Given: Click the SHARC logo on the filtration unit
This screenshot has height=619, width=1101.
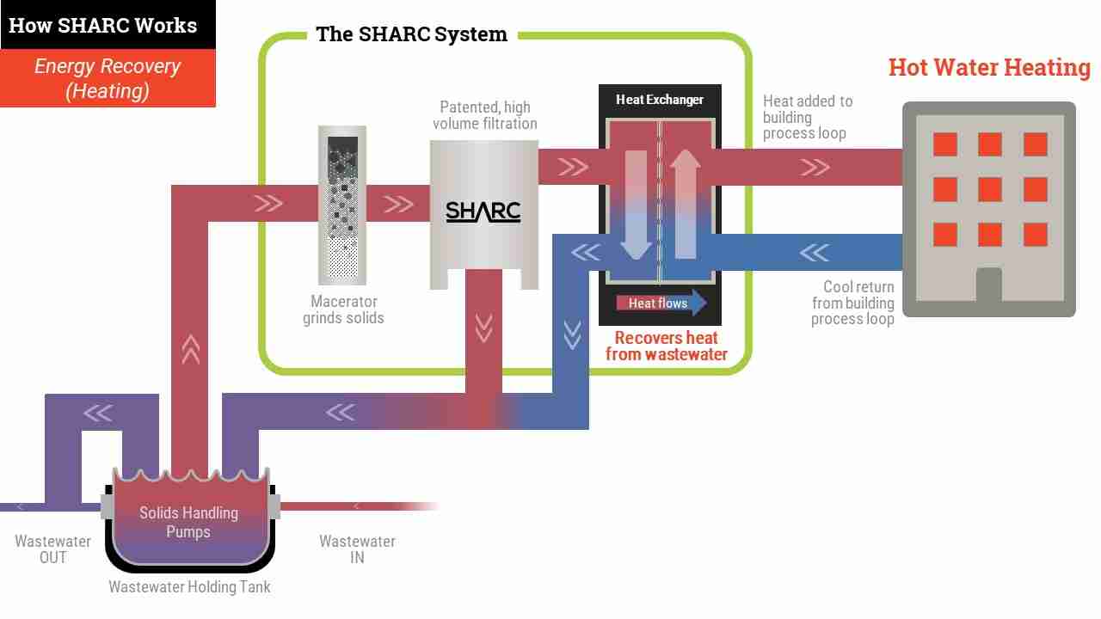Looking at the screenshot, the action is (483, 212).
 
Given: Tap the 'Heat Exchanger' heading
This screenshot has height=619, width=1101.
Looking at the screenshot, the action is (660, 100).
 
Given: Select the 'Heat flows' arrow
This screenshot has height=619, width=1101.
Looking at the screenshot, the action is (661, 303).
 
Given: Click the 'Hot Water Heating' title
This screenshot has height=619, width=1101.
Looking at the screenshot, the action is (989, 67).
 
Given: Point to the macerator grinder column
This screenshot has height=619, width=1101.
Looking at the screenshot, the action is (342, 205).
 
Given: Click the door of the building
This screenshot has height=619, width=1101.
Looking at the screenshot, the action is (989, 285).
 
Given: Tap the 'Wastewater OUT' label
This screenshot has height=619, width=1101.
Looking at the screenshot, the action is (52, 549).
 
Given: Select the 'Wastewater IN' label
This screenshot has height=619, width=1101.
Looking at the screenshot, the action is (357, 549).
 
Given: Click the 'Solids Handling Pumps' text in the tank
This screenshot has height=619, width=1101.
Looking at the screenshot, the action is (188, 522).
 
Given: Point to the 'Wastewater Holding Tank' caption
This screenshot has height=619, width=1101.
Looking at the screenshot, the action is (190, 587).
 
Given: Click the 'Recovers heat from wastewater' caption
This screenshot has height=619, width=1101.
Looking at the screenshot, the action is (666, 346).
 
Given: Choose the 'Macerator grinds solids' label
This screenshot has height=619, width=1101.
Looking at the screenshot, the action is (343, 309).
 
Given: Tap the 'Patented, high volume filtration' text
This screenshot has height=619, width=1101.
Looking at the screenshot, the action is (485, 115).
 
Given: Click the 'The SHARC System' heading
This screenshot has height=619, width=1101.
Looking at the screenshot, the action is (411, 34).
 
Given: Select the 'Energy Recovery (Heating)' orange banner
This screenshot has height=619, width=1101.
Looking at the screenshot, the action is (108, 78).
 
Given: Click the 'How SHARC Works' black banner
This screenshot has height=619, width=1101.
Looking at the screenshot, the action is (108, 25).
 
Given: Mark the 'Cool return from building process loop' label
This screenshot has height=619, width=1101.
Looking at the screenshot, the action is (852, 303).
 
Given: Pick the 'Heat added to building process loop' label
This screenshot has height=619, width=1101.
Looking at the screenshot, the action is (808, 117).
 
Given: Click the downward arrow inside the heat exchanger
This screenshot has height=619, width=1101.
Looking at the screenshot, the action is (636, 205).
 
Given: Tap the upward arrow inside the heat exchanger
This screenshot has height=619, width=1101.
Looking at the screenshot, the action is (686, 204).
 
